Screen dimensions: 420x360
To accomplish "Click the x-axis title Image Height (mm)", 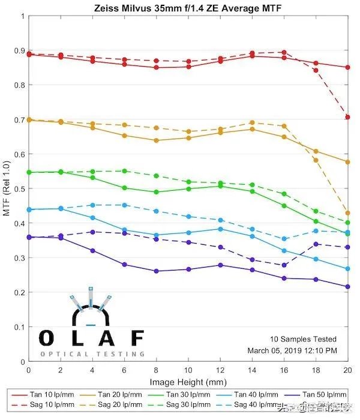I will pos(188,382).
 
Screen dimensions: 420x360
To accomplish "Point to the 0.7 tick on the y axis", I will pos(19,120).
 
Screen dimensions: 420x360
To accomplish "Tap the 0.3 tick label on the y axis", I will pos(19,258).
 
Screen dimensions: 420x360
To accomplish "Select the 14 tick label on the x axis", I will pos(252,371).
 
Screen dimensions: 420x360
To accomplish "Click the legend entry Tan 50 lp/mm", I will pos(323,395).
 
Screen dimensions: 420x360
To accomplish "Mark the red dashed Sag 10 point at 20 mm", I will pos(347,116).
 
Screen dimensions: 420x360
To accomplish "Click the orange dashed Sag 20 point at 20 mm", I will pos(347,213).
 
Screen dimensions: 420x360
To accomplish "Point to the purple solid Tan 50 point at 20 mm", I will pos(347,287).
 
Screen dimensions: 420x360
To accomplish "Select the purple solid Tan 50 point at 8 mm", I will pos(157,271).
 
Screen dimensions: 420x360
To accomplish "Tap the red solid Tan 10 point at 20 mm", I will pos(347,67).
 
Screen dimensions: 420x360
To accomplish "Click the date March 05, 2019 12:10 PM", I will pos(292,350).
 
